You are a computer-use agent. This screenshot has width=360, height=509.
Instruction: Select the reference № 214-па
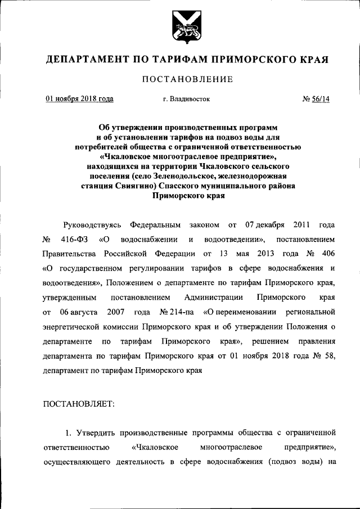coord(172,311)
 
